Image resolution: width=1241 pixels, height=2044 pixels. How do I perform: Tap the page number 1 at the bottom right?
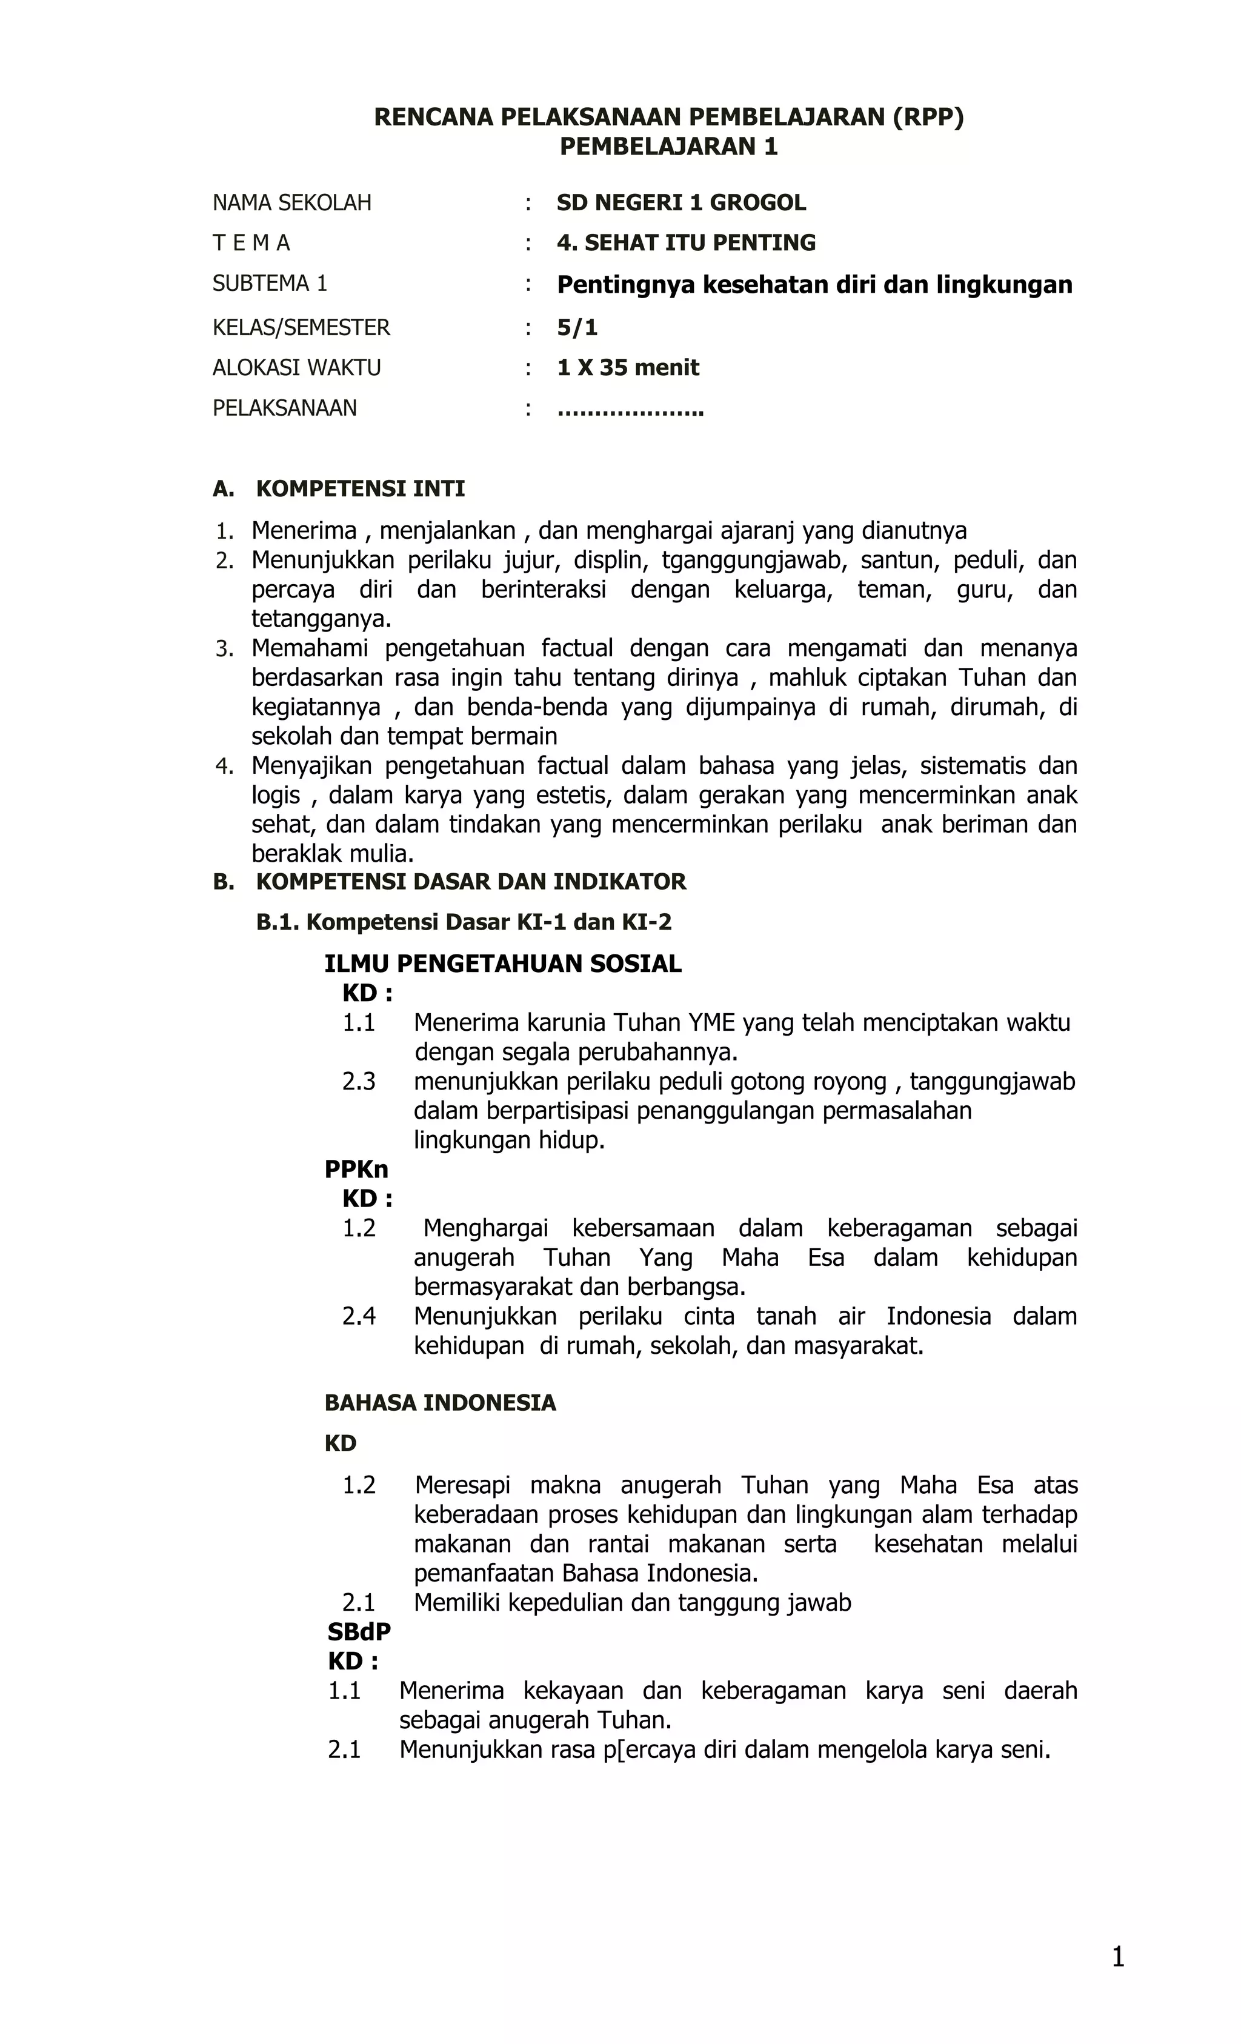coord(1117,1957)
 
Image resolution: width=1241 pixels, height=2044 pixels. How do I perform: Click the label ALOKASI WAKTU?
coord(296,367)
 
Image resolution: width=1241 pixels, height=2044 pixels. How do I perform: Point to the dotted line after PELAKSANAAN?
coord(630,410)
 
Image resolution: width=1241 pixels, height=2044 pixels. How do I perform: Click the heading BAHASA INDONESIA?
coord(440,1403)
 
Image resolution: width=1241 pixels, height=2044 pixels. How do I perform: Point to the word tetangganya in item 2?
coord(321,619)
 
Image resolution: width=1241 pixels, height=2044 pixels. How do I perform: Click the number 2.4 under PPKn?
coord(358,1316)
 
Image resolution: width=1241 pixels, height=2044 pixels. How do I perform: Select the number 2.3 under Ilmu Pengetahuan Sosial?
coord(358,1081)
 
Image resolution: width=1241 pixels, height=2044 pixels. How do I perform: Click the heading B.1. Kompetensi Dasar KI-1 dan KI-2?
coord(464,922)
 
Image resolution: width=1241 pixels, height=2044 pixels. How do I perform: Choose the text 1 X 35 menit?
coord(628,367)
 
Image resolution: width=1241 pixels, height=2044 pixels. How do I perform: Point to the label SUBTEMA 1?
coord(270,284)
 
